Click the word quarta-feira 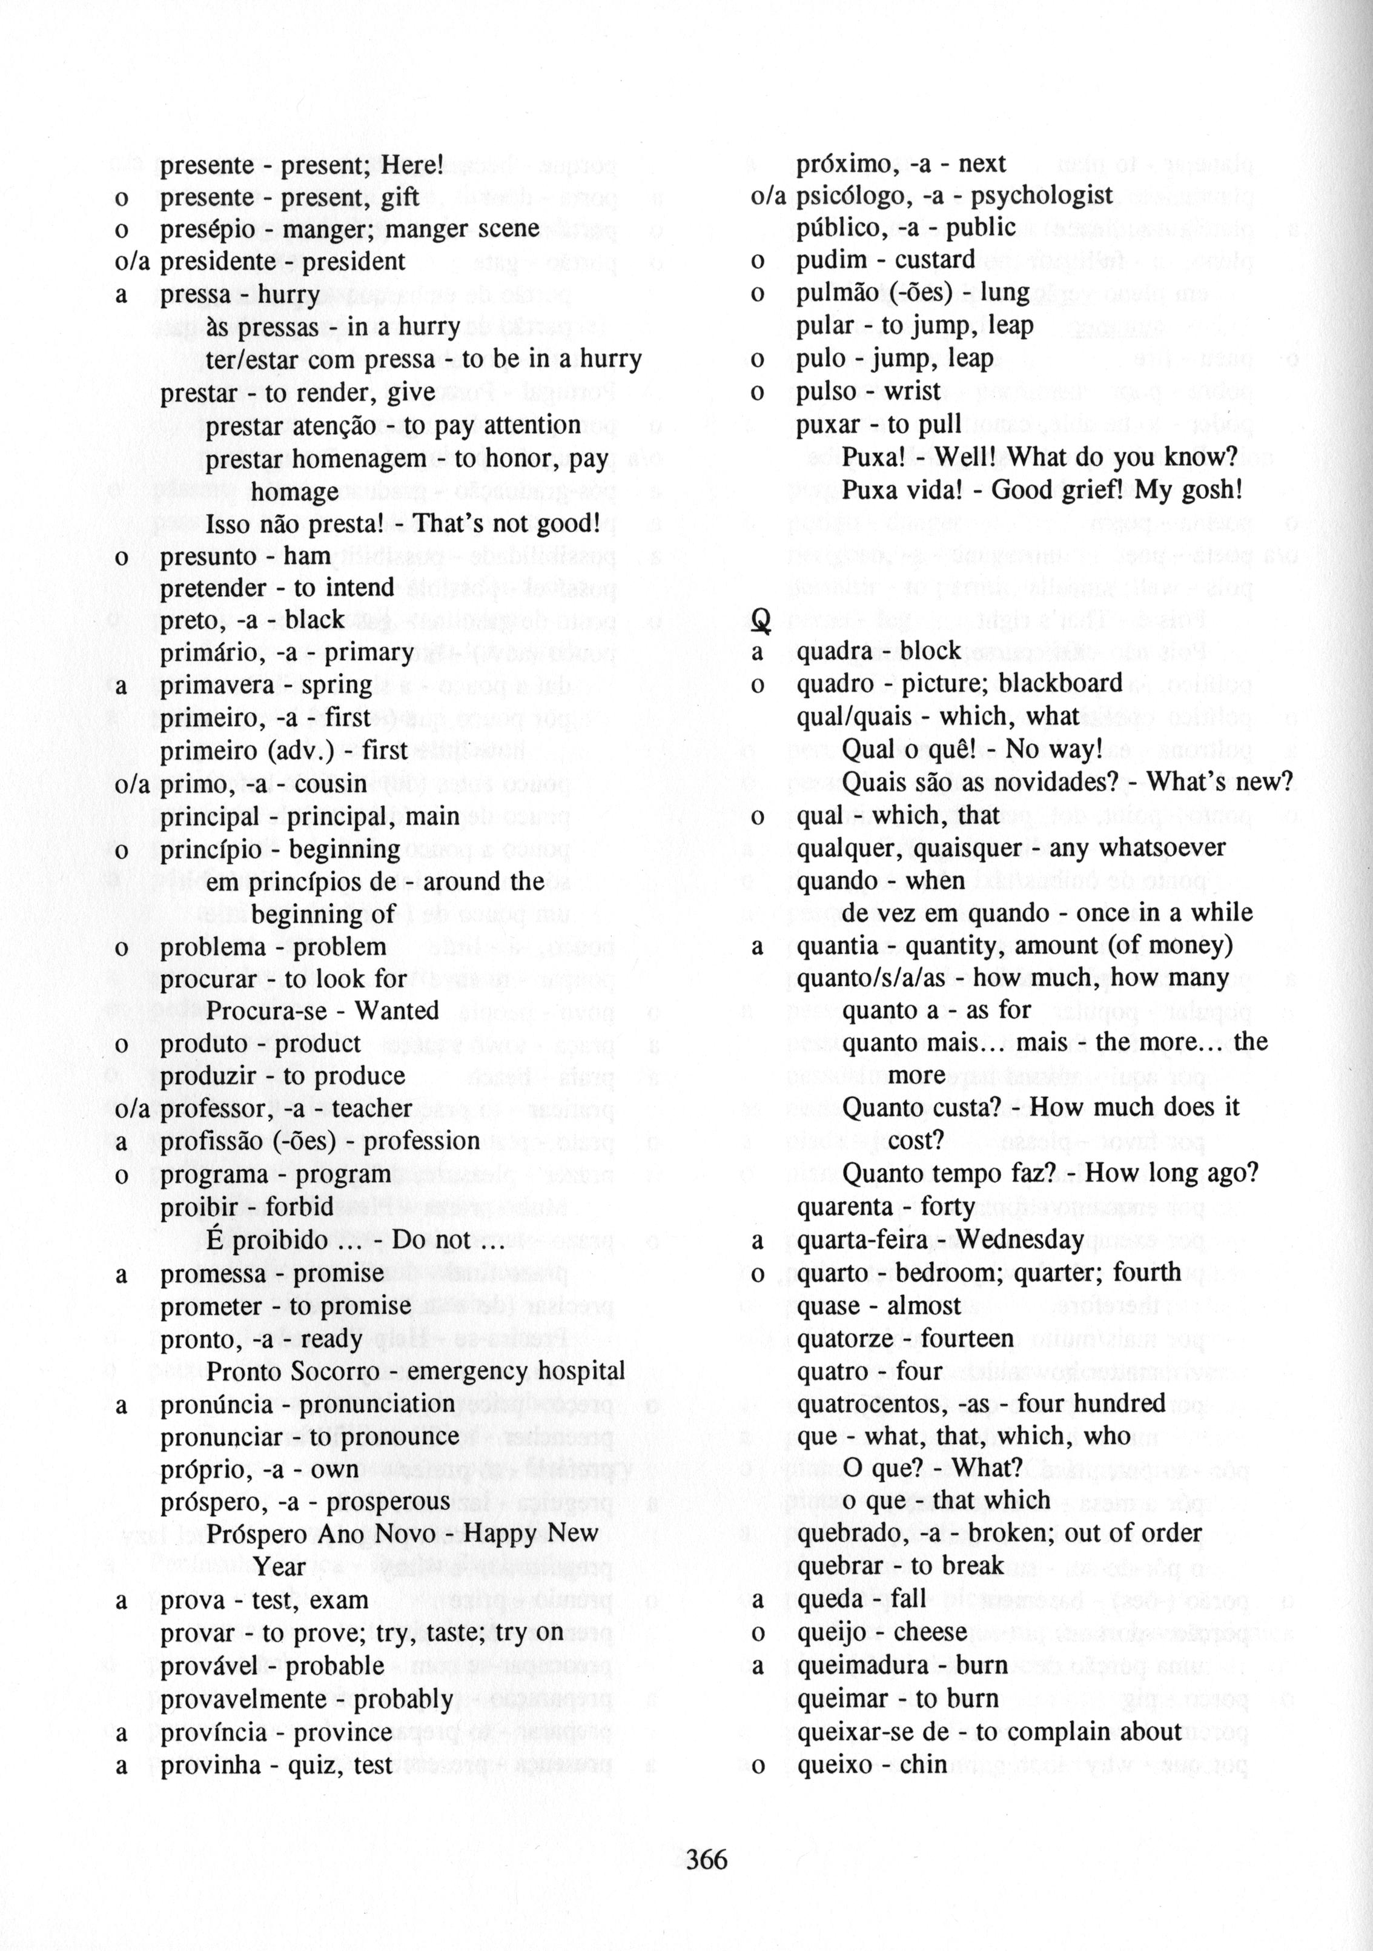(861, 1240)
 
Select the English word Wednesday (1019, 1240)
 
